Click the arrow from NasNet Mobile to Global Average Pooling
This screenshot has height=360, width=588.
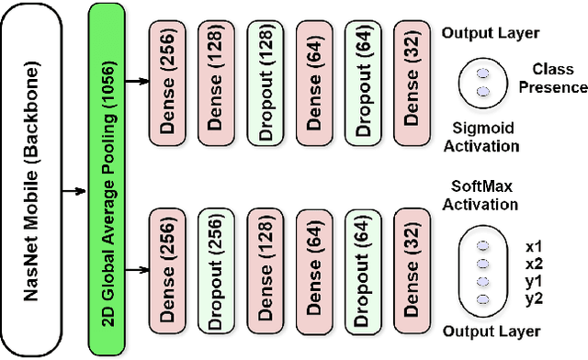pyautogui.click(x=77, y=192)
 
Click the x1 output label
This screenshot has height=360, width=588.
pyautogui.click(x=536, y=247)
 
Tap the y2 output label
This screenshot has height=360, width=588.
pyautogui.click(x=536, y=298)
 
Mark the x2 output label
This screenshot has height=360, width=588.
pyautogui.click(x=536, y=264)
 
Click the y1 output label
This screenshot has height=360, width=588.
pyautogui.click(x=536, y=282)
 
